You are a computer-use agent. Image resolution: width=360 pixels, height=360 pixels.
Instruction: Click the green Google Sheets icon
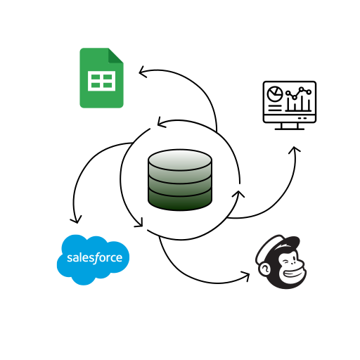[x=101, y=78]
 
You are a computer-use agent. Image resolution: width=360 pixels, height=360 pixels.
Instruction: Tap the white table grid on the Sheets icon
[x=101, y=81]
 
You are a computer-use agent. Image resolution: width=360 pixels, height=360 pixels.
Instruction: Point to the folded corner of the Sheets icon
[x=115, y=56]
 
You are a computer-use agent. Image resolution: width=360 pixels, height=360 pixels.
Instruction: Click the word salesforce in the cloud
[x=94, y=258]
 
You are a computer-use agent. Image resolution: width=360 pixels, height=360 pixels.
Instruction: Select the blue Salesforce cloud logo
[x=93, y=259]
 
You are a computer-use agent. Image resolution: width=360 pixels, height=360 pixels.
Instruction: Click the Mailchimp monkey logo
[x=281, y=262]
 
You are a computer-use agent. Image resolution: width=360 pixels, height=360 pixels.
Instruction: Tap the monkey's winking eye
[x=286, y=262]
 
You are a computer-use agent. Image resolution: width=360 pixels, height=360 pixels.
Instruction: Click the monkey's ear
[x=264, y=269]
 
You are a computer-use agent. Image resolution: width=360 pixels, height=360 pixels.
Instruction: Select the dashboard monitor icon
[x=290, y=105]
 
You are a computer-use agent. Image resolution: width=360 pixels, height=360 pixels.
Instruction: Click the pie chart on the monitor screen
[x=274, y=94]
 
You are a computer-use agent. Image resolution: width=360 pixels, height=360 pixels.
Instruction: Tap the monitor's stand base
[x=290, y=129]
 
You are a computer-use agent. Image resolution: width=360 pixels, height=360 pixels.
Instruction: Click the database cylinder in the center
[x=180, y=180]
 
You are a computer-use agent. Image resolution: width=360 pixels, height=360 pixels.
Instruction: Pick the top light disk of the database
[x=180, y=160]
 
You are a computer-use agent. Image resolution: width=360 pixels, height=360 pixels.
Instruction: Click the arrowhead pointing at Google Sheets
[x=142, y=72]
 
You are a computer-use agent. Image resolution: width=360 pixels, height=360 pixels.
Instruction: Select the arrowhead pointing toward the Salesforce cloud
[x=76, y=219]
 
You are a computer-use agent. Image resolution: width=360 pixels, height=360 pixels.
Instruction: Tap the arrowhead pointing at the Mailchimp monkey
[x=246, y=276]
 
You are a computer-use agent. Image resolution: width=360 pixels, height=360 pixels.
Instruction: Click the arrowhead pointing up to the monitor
[x=294, y=150]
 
